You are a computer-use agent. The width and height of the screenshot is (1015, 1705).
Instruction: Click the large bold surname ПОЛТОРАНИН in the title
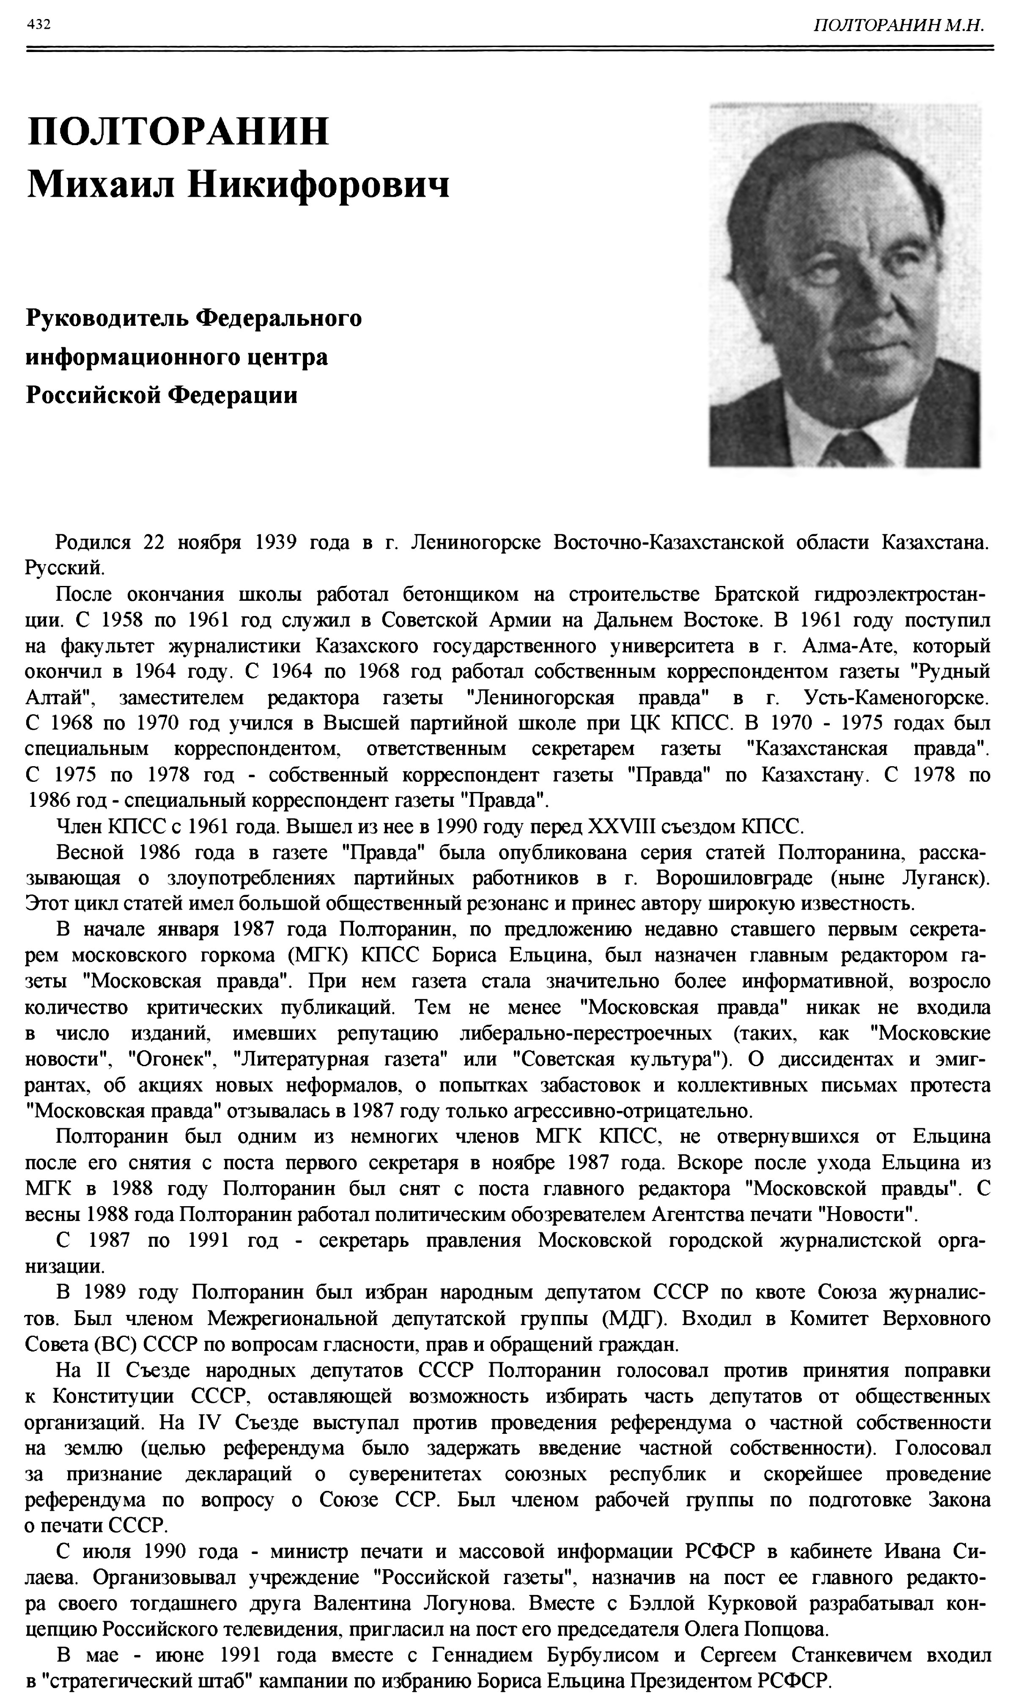(x=178, y=131)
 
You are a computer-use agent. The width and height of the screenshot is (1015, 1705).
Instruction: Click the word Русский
(x=65, y=568)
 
